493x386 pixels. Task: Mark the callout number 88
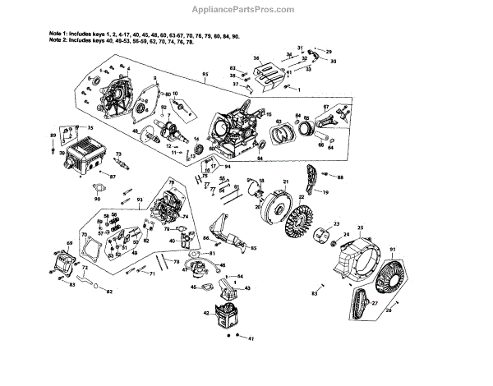[x=340, y=176]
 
